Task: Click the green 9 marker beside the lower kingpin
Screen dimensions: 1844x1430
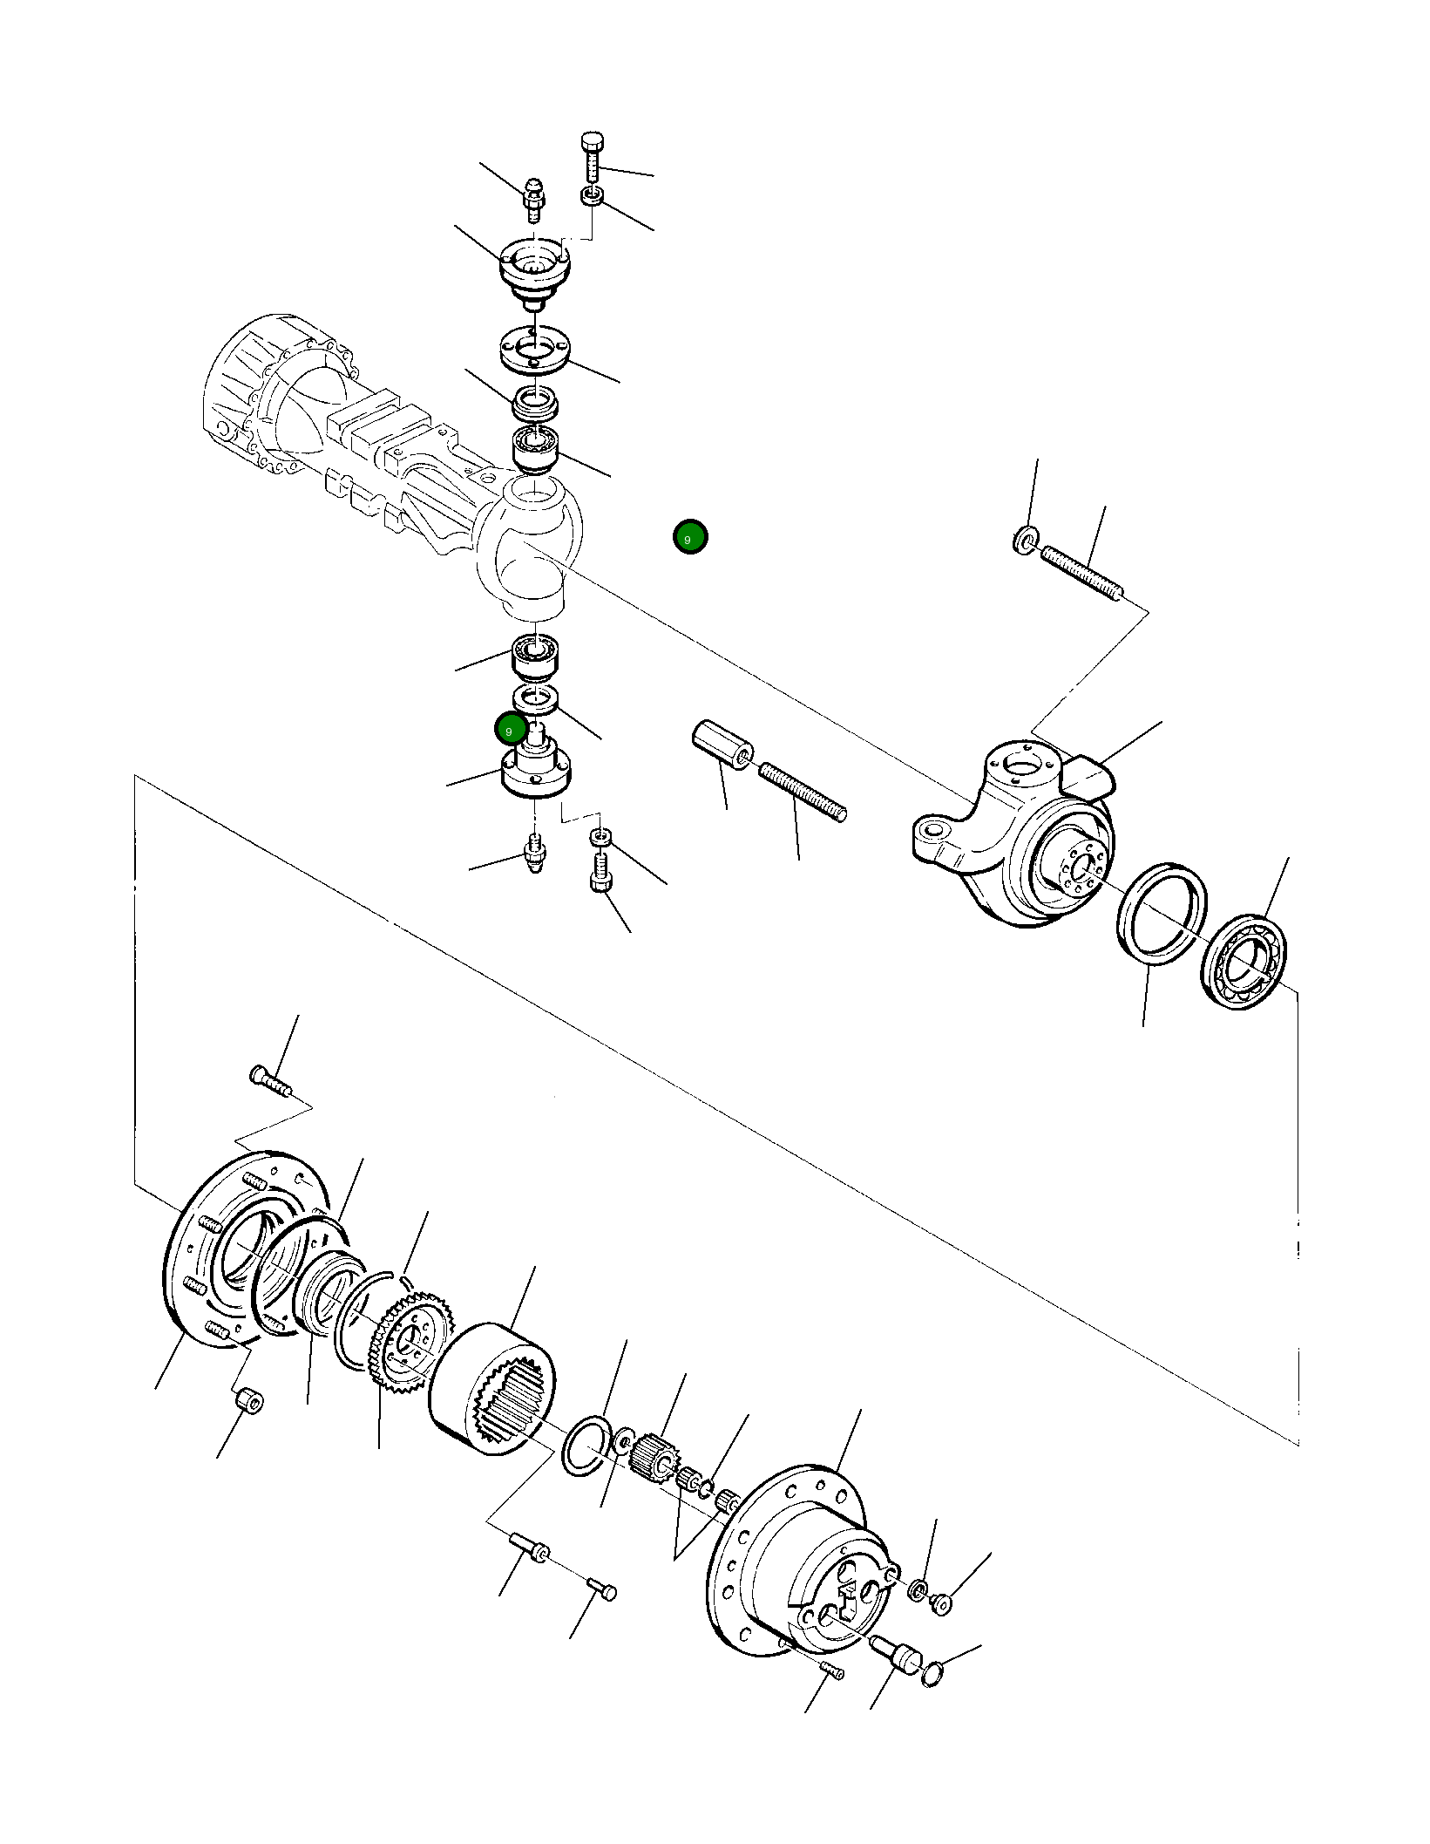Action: (x=510, y=729)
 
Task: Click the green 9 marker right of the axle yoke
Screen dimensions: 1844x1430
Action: (x=689, y=537)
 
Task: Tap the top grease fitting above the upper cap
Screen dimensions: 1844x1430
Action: (x=533, y=199)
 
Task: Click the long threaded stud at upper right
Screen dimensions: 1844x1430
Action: (x=1081, y=571)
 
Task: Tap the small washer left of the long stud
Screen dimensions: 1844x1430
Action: (x=1025, y=540)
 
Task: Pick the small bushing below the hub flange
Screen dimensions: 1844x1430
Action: (x=249, y=1402)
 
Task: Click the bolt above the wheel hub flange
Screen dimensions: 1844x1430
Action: (x=269, y=1081)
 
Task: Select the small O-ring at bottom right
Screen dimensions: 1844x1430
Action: (x=932, y=1673)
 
